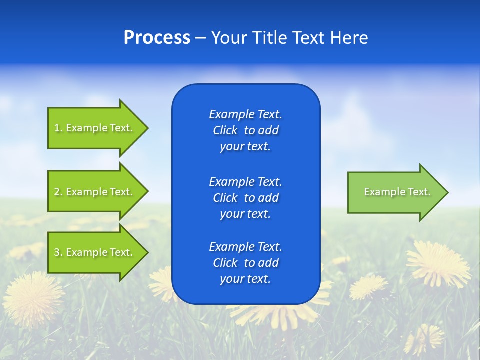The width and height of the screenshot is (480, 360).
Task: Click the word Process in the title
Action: click(157, 38)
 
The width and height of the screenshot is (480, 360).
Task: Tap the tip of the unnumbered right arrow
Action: click(447, 192)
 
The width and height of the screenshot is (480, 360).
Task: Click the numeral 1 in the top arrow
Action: click(56, 128)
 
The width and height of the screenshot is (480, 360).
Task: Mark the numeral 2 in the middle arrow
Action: click(57, 192)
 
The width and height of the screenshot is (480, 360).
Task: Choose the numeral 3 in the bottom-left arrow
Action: click(57, 252)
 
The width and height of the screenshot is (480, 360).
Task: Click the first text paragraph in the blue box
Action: click(245, 130)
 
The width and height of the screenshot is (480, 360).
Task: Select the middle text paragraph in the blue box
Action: click(245, 197)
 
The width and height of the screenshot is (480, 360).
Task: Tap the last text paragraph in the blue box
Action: click(245, 263)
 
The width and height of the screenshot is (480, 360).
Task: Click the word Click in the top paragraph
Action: click(225, 130)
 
